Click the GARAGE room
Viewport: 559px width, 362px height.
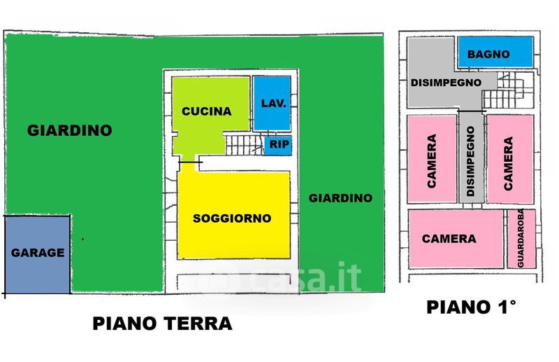click(38, 254)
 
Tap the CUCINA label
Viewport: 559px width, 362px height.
click(207, 111)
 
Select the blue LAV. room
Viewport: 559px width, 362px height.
click(272, 103)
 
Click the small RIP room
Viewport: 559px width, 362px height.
click(278, 145)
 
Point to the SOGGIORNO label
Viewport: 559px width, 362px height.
click(232, 218)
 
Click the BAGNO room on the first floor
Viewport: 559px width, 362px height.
click(495, 52)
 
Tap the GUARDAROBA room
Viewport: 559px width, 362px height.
click(521, 238)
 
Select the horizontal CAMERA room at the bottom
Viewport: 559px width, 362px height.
click(456, 238)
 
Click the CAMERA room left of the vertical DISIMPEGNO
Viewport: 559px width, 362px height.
click(432, 159)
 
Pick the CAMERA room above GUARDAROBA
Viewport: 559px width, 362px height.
click(510, 159)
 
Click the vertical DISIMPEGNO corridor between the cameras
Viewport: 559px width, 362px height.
click(471, 158)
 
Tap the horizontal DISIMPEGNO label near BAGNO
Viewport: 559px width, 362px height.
click(446, 83)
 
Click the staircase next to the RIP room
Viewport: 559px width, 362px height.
click(245, 144)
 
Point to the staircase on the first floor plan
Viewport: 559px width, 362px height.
click(508, 90)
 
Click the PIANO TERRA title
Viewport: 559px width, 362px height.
click(163, 323)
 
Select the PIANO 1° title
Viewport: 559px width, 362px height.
click(471, 307)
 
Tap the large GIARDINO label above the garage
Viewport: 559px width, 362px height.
click(70, 130)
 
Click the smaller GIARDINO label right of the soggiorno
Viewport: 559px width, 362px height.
click(340, 198)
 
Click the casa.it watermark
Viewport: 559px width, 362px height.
click(305, 277)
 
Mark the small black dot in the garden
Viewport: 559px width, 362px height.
click(82, 239)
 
